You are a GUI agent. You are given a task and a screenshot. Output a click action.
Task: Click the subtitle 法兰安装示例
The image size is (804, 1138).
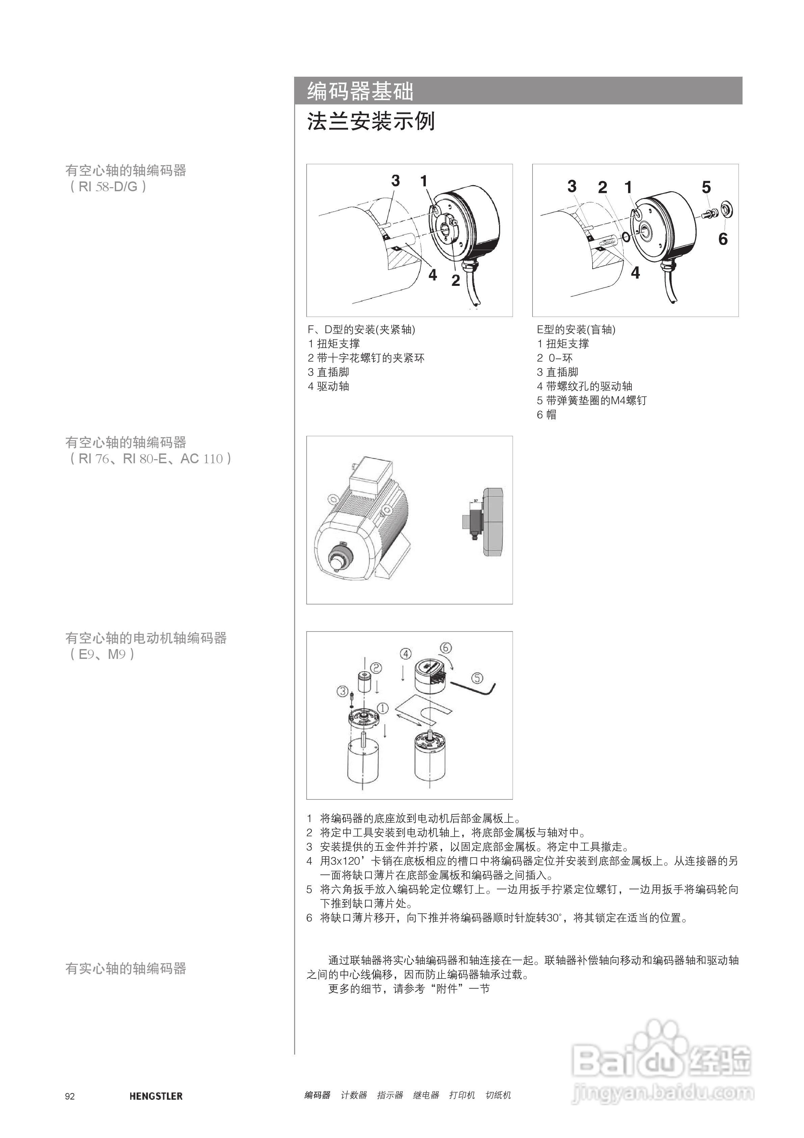click(370, 121)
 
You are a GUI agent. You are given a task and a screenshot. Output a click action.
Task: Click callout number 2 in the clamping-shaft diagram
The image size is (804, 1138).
click(455, 280)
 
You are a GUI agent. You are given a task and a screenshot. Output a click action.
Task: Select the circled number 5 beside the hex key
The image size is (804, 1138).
click(476, 677)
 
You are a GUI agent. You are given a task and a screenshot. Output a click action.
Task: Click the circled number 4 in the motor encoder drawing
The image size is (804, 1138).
click(406, 654)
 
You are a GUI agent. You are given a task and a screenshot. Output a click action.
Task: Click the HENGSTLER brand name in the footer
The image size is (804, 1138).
click(156, 1096)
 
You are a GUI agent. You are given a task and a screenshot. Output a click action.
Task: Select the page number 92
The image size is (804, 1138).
click(70, 1096)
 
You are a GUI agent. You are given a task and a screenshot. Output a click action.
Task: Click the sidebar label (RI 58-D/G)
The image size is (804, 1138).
click(107, 187)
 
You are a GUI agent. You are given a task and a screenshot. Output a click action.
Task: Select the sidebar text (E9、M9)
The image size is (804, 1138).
click(101, 654)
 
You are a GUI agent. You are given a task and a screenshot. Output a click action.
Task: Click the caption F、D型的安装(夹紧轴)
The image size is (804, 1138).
click(362, 329)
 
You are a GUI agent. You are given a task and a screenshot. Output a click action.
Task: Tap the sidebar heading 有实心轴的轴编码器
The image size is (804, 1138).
click(126, 968)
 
